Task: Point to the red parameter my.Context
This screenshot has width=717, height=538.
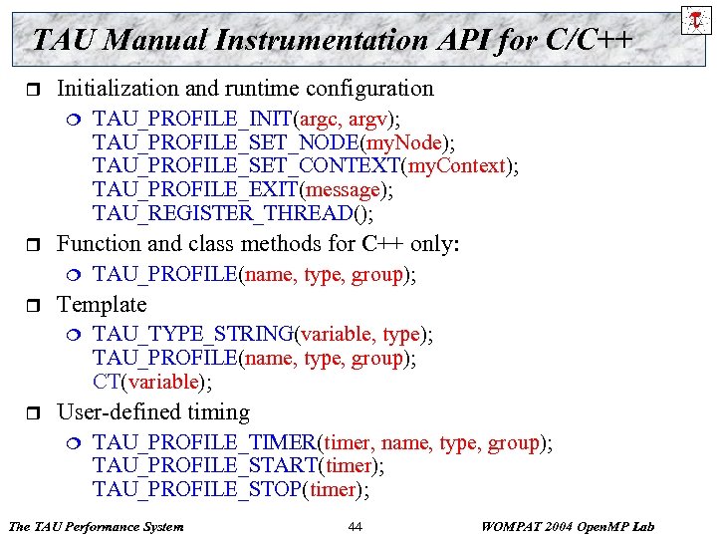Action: point(457,165)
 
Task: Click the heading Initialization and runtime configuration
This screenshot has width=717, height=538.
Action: point(245,88)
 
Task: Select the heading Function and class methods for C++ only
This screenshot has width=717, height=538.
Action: point(257,243)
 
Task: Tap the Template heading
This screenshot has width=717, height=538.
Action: point(102,305)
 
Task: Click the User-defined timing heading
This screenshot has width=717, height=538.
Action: point(153,412)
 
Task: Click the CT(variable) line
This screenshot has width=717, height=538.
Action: point(152,381)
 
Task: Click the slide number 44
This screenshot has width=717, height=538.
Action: point(356,526)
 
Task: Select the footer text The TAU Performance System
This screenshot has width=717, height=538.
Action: point(96,526)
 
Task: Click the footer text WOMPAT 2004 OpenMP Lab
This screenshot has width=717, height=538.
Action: point(567,526)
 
